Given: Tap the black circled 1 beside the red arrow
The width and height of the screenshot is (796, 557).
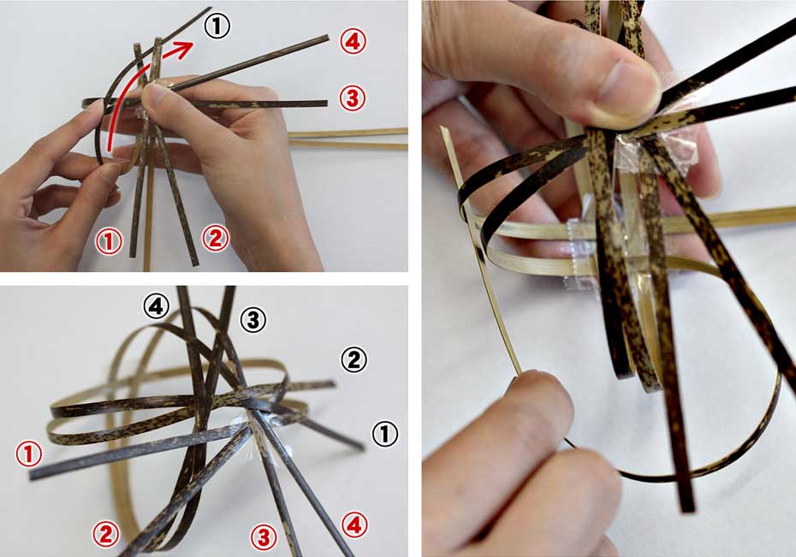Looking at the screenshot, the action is pos(217,26).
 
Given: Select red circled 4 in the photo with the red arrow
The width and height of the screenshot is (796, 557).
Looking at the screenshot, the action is pos(353,41).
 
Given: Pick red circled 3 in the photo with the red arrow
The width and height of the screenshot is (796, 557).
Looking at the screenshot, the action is pos(353,98).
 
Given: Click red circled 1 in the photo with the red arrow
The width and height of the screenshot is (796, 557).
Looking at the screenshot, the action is pos(110,241).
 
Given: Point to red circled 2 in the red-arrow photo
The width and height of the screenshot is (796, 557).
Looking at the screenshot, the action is pos(215,239).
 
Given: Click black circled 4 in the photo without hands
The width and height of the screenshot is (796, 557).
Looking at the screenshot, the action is pos(156,306).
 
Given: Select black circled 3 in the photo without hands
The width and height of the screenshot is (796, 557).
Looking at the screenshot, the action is pos(252,320).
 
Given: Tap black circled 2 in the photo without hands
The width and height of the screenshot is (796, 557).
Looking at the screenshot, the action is pos(353,359).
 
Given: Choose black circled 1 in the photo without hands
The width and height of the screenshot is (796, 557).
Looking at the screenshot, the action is pos(385,434).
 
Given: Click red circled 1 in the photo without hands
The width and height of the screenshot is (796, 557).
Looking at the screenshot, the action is pos(29,453).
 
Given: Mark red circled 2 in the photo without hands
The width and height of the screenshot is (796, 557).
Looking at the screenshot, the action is pos(105,534).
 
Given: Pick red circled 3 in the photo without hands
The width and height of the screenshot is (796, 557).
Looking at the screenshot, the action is pos(264,536).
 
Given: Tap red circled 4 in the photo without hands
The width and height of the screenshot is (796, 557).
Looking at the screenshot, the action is pos(353,525).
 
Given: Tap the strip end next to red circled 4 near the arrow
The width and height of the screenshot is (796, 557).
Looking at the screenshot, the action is pos(326,37).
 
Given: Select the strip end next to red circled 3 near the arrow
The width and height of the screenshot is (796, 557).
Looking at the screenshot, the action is pos(325,104).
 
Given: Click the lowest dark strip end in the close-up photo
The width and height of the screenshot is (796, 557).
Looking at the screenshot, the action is pos(688,507).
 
